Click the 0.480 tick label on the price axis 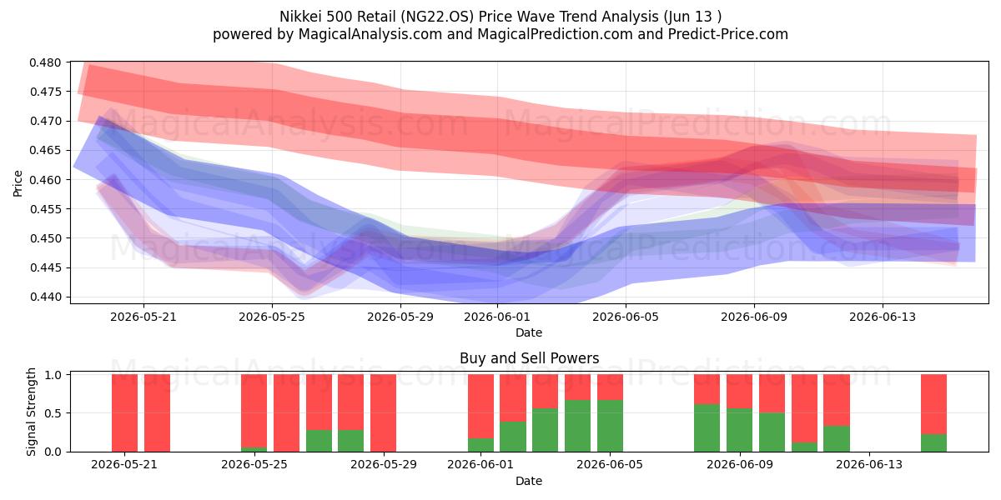point(45,62)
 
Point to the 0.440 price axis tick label point(45,297)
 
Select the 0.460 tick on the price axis point(45,180)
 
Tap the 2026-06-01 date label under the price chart point(497,317)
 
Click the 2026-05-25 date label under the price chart point(272,317)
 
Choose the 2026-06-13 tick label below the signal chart point(869,465)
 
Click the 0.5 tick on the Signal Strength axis point(53,413)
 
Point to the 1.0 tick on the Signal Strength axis point(53,374)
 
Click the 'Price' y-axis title point(18,183)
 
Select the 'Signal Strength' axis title point(31,412)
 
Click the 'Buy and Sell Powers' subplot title point(529,358)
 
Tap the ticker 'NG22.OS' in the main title point(437,17)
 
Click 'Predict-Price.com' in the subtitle point(728,34)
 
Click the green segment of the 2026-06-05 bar point(610,426)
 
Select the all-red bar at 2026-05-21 point(124,413)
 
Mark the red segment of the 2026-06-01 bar point(480,407)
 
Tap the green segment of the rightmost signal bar point(933,442)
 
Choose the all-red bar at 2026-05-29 point(383,413)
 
